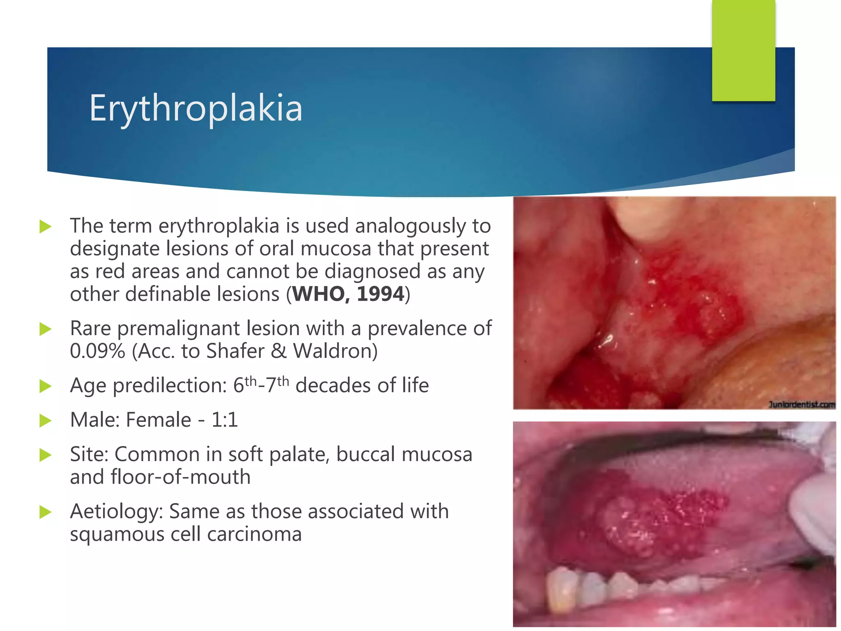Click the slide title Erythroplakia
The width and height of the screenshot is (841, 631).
tap(196, 108)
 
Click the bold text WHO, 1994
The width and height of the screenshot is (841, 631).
tap(348, 294)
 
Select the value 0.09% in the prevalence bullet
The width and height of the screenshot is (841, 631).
tap(97, 351)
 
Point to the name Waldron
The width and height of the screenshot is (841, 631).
tap(335, 351)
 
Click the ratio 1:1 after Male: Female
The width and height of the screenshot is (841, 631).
tap(224, 420)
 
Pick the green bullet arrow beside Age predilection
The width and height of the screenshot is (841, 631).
tap(45, 386)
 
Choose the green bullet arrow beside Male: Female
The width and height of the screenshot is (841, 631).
tap(45, 420)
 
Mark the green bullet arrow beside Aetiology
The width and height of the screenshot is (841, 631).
tap(45, 512)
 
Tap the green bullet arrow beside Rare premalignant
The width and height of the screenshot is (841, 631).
tap(45, 329)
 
